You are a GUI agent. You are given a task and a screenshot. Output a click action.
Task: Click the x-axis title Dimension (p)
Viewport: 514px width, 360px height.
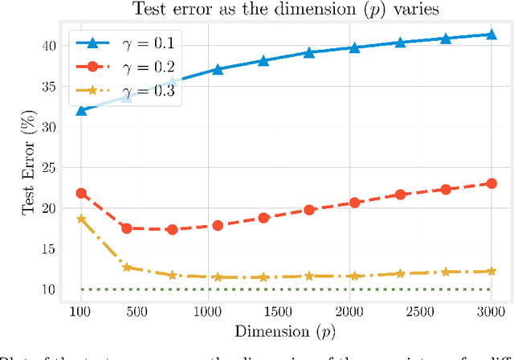[x=286, y=332]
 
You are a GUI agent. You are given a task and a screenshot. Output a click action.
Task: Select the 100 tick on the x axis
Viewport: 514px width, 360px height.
[x=80, y=311]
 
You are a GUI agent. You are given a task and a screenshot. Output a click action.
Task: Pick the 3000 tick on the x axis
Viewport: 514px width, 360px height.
[x=491, y=311]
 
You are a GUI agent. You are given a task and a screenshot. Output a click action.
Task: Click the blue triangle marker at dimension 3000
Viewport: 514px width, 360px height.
[x=491, y=35]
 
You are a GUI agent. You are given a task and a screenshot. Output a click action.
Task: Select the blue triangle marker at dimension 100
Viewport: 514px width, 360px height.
[x=81, y=110]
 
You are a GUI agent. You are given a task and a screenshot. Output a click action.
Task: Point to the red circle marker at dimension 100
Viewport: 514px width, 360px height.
[x=81, y=194]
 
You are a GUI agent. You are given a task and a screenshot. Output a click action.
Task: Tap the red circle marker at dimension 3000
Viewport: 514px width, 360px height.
[x=491, y=183]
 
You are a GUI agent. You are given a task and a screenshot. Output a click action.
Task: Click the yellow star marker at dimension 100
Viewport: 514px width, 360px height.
[x=81, y=219]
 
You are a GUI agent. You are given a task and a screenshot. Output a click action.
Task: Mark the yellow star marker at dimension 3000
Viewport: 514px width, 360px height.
[x=491, y=271]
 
